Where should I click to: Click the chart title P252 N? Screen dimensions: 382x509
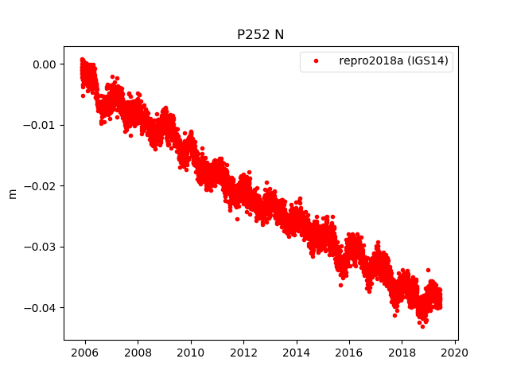260,34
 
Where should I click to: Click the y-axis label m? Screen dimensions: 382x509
12,193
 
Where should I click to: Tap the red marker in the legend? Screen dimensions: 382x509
314,61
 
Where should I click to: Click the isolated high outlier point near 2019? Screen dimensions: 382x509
428,271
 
